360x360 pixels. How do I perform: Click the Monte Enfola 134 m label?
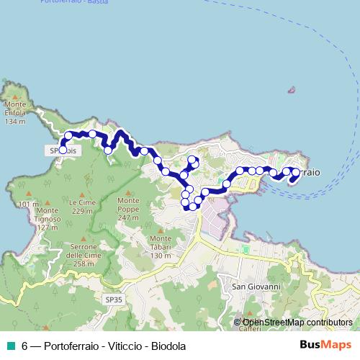point(14,117)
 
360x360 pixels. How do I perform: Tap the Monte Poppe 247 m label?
point(128,213)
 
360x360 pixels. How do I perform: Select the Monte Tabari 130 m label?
point(161,246)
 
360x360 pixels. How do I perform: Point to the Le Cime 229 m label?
point(82,207)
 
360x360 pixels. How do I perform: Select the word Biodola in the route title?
point(168,346)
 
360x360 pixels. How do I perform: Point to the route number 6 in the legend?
point(24,346)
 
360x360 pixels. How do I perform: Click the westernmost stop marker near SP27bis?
point(63,150)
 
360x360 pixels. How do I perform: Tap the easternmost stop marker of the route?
point(295,172)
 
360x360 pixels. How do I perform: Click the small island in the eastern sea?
point(291,91)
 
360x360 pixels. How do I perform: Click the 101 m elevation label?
point(29,204)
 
